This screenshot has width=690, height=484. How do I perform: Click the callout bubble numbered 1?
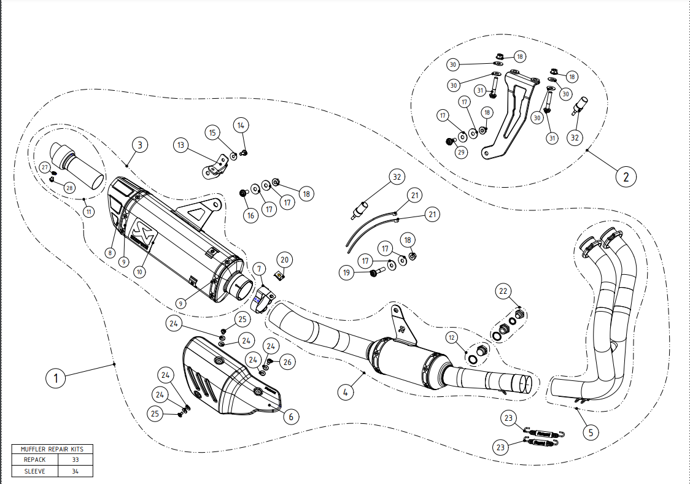pyautogui.click(x=56, y=378)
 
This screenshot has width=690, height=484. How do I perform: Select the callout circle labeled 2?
pyautogui.click(x=626, y=177)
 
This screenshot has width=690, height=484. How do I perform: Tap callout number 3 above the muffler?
pyautogui.click(x=140, y=145)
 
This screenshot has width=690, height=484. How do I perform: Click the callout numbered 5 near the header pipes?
pyautogui.click(x=591, y=432)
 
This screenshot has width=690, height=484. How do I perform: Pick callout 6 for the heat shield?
pyautogui.click(x=290, y=417)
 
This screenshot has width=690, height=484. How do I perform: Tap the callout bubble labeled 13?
pyautogui.click(x=180, y=145)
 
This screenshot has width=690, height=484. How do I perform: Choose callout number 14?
pyautogui.click(x=241, y=125)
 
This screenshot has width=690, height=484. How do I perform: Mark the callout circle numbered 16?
pyautogui.click(x=250, y=215)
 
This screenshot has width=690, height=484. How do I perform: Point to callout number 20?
pyautogui.click(x=284, y=259)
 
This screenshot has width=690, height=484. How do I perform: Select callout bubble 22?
pyautogui.click(x=503, y=291)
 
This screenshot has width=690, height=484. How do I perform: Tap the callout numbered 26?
pyautogui.click(x=287, y=363)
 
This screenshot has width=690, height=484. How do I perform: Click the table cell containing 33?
pyautogui.click(x=76, y=459)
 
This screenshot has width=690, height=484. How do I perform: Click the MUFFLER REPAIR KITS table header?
pyautogui.click(x=52, y=448)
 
